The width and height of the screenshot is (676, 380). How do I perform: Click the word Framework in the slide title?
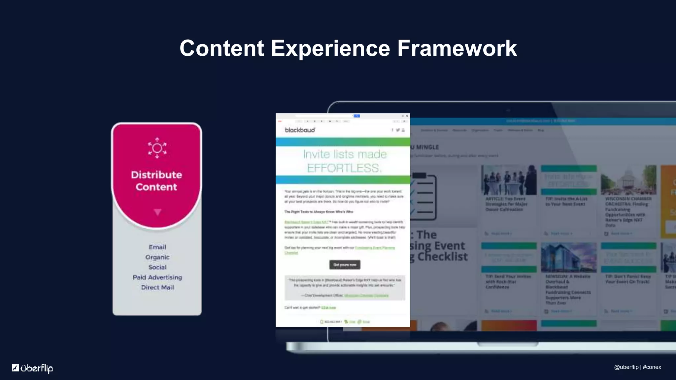(x=457, y=48)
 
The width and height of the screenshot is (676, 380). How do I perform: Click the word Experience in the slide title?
(x=330, y=48)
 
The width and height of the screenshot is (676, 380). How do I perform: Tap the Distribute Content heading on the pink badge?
(x=156, y=181)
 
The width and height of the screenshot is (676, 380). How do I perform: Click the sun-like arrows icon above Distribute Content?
(x=157, y=148)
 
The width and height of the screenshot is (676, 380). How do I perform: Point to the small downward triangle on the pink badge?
(x=157, y=212)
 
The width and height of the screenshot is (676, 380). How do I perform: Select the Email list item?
(x=157, y=247)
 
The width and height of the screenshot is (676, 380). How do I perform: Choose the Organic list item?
(x=157, y=257)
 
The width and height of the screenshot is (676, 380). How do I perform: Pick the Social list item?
(x=157, y=267)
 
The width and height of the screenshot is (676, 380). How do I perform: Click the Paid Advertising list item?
(x=157, y=277)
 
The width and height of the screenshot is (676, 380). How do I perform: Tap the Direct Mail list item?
(x=157, y=287)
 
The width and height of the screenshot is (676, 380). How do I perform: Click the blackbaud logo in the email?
(x=300, y=130)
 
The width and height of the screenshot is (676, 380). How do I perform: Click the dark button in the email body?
(x=345, y=265)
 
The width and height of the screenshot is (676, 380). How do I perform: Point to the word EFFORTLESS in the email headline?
(x=344, y=168)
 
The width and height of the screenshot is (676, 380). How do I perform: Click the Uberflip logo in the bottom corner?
(x=33, y=368)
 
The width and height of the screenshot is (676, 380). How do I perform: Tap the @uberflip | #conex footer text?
(x=637, y=367)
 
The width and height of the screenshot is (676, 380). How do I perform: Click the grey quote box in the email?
(x=345, y=288)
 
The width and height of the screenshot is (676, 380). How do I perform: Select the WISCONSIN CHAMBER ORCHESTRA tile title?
(x=628, y=212)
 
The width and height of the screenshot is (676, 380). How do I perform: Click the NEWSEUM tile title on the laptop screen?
(x=568, y=289)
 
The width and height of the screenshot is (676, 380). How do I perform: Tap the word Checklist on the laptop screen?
(x=442, y=257)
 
